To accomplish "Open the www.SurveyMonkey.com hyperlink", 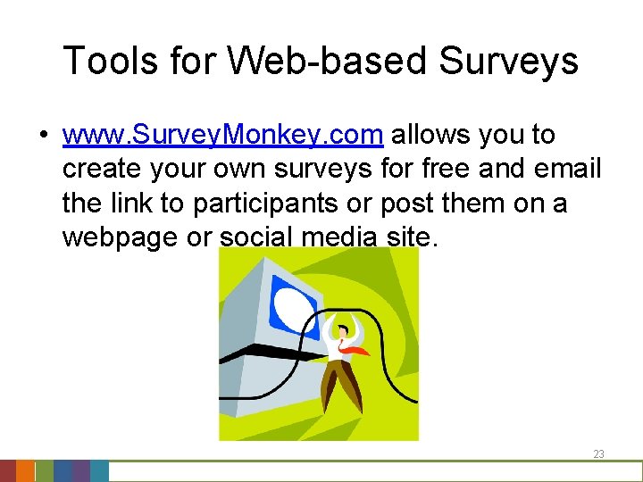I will [223, 135].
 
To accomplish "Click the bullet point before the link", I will [42, 136].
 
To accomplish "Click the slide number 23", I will [598, 454].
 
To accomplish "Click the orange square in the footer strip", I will [26, 471].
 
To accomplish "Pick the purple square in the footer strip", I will [80, 471].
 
